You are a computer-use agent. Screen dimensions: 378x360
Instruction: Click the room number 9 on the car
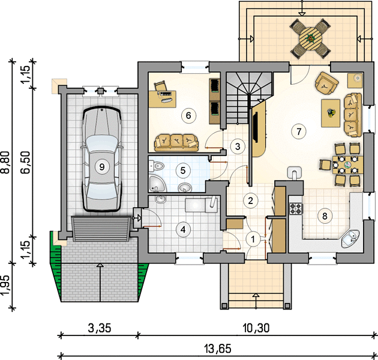point(101,166)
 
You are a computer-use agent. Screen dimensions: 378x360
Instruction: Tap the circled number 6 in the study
point(188,115)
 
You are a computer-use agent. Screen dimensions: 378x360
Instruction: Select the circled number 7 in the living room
point(299,131)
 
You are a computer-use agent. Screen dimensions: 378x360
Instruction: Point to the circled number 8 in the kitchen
point(325,216)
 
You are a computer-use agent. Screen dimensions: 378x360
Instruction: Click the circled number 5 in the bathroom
point(183,171)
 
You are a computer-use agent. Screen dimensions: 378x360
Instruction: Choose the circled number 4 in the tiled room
point(183,230)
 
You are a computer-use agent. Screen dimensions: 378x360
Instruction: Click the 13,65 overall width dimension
point(218,349)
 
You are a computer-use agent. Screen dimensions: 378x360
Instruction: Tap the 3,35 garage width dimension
point(100,328)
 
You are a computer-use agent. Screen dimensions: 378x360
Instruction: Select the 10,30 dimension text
point(256,328)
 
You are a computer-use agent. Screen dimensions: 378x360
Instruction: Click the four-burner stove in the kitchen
point(296,209)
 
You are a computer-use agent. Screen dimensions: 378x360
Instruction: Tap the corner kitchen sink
point(350,239)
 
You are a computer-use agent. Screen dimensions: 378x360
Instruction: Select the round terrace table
point(311,38)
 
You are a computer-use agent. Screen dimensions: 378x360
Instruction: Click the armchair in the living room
point(326,83)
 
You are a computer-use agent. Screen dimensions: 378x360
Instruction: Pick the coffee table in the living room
point(331,113)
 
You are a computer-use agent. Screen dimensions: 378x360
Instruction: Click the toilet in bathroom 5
point(157,166)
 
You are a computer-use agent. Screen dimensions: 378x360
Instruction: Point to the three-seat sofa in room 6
point(176,143)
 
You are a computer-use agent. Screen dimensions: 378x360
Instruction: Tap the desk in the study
point(162,99)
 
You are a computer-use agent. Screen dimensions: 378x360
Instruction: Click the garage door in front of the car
point(101,229)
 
